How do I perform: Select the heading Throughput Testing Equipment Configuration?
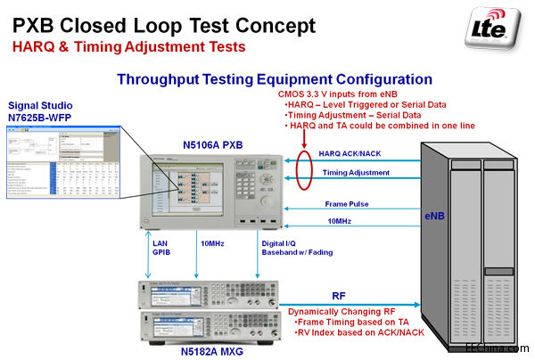pyautogui.click(x=275, y=79)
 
